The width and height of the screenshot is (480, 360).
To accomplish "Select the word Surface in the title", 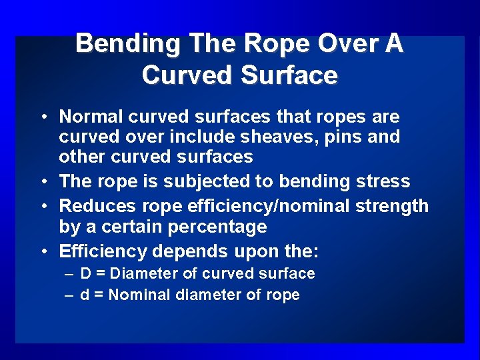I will click(289, 75).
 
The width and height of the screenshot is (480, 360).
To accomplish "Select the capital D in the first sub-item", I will click(85, 273).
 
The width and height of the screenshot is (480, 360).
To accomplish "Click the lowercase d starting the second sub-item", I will click(85, 295).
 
